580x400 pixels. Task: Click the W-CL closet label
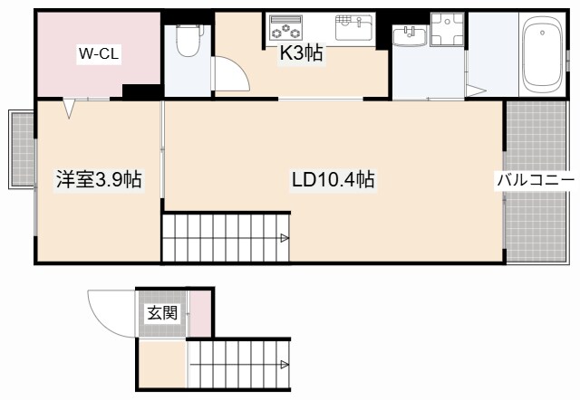(x=99, y=54)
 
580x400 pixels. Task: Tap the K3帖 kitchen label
(x=301, y=52)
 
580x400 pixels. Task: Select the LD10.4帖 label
(x=333, y=180)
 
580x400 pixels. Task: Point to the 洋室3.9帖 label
(x=99, y=180)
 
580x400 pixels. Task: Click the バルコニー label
(x=536, y=181)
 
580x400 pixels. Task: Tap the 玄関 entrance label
(x=163, y=313)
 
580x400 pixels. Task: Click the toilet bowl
(x=189, y=40)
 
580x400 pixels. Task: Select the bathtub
(x=542, y=55)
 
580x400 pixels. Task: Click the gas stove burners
(x=286, y=27)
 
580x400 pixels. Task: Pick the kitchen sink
(x=353, y=27)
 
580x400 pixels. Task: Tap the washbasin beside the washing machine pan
(x=410, y=36)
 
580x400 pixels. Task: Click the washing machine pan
(x=447, y=29)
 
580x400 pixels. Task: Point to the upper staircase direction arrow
(x=284, y=238)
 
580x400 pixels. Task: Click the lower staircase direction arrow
(x=284, y=365)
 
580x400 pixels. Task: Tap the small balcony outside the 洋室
(x=22, y=149)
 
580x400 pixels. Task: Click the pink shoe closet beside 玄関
(x=199, y=313)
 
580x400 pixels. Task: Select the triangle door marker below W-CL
(x=69, y=109)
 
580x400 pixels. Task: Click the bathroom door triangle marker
(x=476, y=90)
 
